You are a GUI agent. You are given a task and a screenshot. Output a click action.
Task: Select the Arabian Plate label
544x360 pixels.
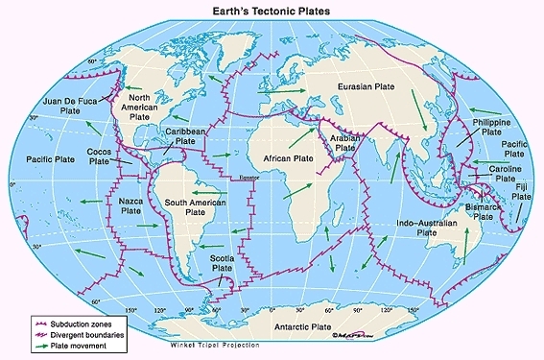pyautogui.click(x=343, y=143)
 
